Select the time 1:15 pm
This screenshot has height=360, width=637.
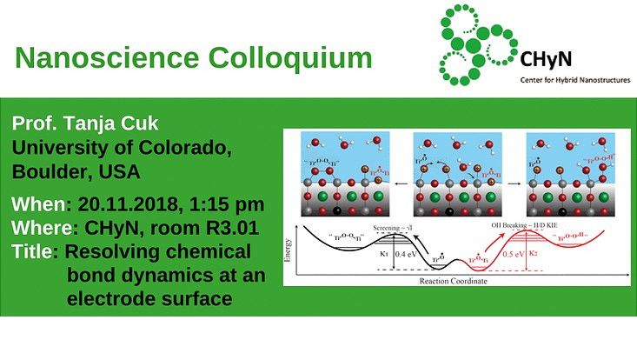pos(226,206)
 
